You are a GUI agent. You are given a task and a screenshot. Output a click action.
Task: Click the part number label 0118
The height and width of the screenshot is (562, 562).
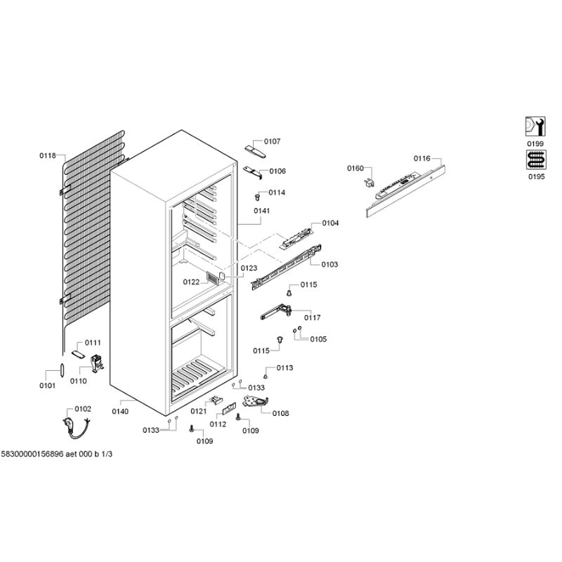coord(48,155)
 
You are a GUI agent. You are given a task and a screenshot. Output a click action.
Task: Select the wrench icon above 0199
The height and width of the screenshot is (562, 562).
coord(535,126)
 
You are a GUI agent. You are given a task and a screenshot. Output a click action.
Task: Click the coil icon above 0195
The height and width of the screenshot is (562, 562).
coord(536,159)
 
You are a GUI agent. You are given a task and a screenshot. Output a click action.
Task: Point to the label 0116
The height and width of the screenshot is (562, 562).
coord(422,159)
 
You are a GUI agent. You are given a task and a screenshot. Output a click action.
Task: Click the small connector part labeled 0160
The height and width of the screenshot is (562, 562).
coord(370,183)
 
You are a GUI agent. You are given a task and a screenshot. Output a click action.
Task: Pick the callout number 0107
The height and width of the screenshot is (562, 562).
coord(273,141)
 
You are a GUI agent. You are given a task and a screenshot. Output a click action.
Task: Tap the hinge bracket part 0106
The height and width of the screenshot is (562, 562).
coord(253,171)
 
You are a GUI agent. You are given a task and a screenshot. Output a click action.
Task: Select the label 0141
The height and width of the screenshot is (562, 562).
coord(261,211)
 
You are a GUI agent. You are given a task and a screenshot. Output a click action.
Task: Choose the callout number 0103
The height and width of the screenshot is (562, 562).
coord(329,265)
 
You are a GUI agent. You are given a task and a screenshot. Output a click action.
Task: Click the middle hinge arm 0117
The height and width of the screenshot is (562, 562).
coord(275,312)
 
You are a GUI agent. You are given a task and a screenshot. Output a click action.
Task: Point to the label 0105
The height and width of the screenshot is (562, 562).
coord(319,339)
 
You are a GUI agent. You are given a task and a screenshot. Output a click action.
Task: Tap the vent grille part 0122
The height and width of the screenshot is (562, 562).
coord(213,277)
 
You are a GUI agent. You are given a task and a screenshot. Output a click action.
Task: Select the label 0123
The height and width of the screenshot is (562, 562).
coord(249,268)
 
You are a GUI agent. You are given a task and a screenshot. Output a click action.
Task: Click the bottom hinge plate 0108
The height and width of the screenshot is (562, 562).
coord(256,401)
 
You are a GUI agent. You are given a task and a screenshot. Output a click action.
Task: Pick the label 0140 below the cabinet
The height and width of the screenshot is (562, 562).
coord(120,412)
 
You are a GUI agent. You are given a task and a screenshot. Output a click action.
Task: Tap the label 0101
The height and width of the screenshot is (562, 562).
coord(47,386)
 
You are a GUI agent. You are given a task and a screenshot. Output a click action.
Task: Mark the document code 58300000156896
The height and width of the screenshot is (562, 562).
coord(32,454)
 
